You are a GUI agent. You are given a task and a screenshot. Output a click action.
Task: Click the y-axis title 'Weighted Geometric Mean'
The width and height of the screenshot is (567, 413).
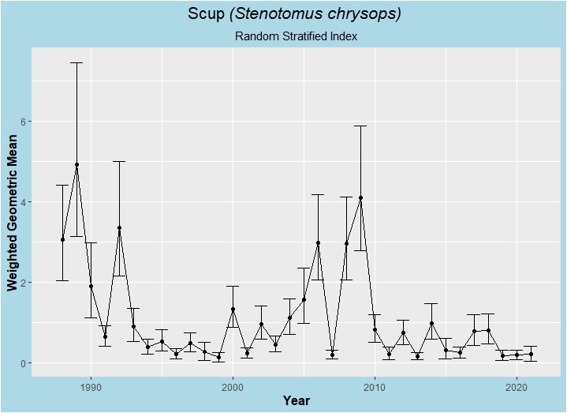click(13, 212)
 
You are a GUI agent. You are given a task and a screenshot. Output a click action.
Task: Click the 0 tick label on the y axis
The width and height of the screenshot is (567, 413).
click(24, 363)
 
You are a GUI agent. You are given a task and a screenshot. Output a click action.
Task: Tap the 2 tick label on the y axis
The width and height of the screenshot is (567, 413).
click(24, 283)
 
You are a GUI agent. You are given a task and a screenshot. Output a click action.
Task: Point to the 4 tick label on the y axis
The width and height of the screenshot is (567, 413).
click(24, 202)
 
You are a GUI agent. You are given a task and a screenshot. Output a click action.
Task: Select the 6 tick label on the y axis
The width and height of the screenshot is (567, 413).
click(24, 122)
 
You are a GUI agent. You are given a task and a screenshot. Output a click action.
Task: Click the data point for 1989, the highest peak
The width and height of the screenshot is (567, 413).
click(76, 165)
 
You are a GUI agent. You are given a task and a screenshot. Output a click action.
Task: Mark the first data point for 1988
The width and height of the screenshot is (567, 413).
click(62, 239)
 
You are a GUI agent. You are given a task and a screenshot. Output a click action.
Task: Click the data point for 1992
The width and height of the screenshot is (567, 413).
click(119, 228)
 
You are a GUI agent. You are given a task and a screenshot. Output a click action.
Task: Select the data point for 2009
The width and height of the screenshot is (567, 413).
click(360, 198)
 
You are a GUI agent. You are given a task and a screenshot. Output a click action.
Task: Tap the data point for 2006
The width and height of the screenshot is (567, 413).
click(318, 243)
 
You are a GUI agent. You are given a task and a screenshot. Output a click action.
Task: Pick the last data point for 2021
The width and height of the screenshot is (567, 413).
click(531, 355)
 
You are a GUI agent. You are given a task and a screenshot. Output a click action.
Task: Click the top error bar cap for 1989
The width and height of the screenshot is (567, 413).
click(76, 62)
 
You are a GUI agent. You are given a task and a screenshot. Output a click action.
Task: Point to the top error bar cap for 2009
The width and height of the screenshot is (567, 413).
click(360, 126)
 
